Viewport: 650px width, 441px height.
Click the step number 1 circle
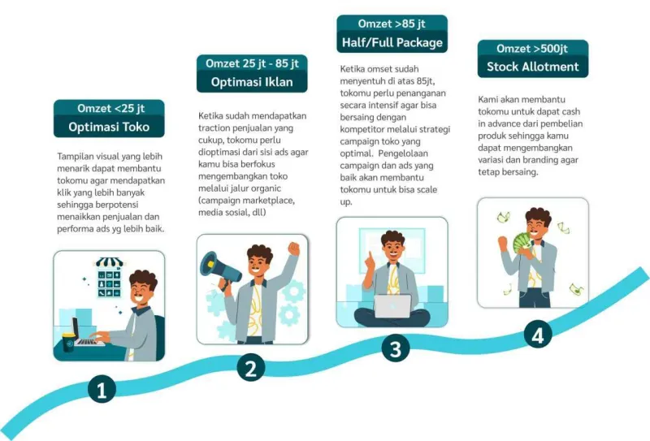pos(102,389)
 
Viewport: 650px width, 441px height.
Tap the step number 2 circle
pos(251,367)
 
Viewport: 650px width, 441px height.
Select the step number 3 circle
pos(396,348)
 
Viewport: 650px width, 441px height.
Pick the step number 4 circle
pos(538,335)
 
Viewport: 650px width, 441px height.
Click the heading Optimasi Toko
pos(109,127)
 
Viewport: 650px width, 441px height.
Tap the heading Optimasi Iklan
pos(252,82)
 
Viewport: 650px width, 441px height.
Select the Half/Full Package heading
pos(392,42)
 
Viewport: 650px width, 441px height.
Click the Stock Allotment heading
pos(533,67)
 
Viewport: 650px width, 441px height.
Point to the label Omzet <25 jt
pos(111,108)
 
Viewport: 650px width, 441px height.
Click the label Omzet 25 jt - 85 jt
pos(252,63)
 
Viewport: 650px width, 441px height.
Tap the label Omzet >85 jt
pos(392,24)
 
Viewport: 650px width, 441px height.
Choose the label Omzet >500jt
pos(532,49)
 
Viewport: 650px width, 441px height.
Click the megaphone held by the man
pos(219,269)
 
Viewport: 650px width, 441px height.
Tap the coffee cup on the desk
pos(68,343)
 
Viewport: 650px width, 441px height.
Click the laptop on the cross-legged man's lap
pos(392,306)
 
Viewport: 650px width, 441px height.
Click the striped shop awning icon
pos(110,262)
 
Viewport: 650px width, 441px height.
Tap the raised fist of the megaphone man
pos(294,249)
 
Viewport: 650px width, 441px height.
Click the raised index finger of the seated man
pos(370,257)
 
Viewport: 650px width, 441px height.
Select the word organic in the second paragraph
pos(265,188)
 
